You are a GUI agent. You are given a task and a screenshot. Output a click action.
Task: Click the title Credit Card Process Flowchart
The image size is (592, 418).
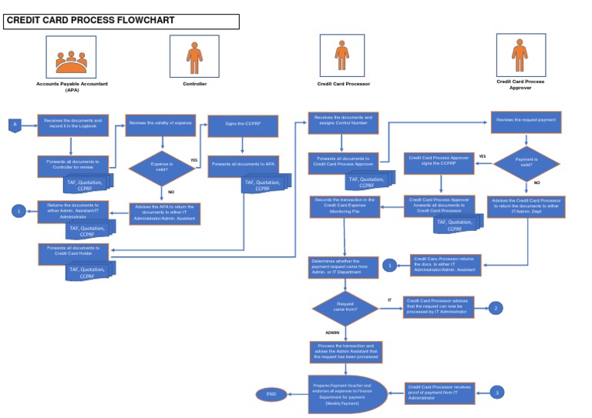point(91,20)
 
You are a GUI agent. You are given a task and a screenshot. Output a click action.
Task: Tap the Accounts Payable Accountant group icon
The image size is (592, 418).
point(71,56)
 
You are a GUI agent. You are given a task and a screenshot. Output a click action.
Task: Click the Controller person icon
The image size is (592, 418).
point(193,56)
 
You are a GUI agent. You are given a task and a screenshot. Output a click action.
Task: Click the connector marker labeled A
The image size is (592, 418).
point(13,125)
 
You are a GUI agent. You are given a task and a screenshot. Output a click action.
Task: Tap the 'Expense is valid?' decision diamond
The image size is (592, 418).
point(161,167)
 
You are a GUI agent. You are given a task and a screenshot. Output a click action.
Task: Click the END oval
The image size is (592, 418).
point(271,394)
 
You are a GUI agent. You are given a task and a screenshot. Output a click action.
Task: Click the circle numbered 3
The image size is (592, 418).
point(497,393)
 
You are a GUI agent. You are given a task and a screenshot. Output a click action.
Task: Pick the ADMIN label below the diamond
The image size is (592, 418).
point(333,333)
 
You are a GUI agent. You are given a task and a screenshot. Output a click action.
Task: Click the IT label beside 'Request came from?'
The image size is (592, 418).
point(389,299)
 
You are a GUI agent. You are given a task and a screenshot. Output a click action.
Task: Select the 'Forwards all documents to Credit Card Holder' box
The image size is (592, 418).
point(73,251)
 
